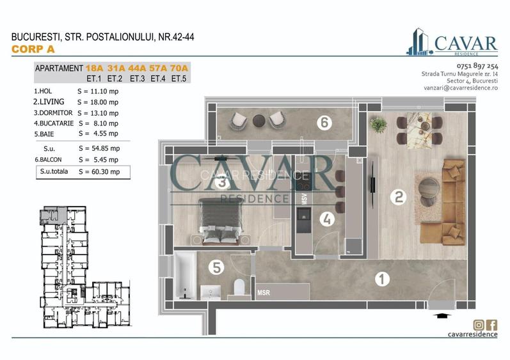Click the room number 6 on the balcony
(324, 123)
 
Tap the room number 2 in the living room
(398, 198)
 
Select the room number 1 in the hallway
(381, 279)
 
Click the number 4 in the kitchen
(326, 219)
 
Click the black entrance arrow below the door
(441, 315)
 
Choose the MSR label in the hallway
(263, 293)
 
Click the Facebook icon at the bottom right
(491, 325)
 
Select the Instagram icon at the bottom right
(477, 325)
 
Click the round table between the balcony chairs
(260, 119)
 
